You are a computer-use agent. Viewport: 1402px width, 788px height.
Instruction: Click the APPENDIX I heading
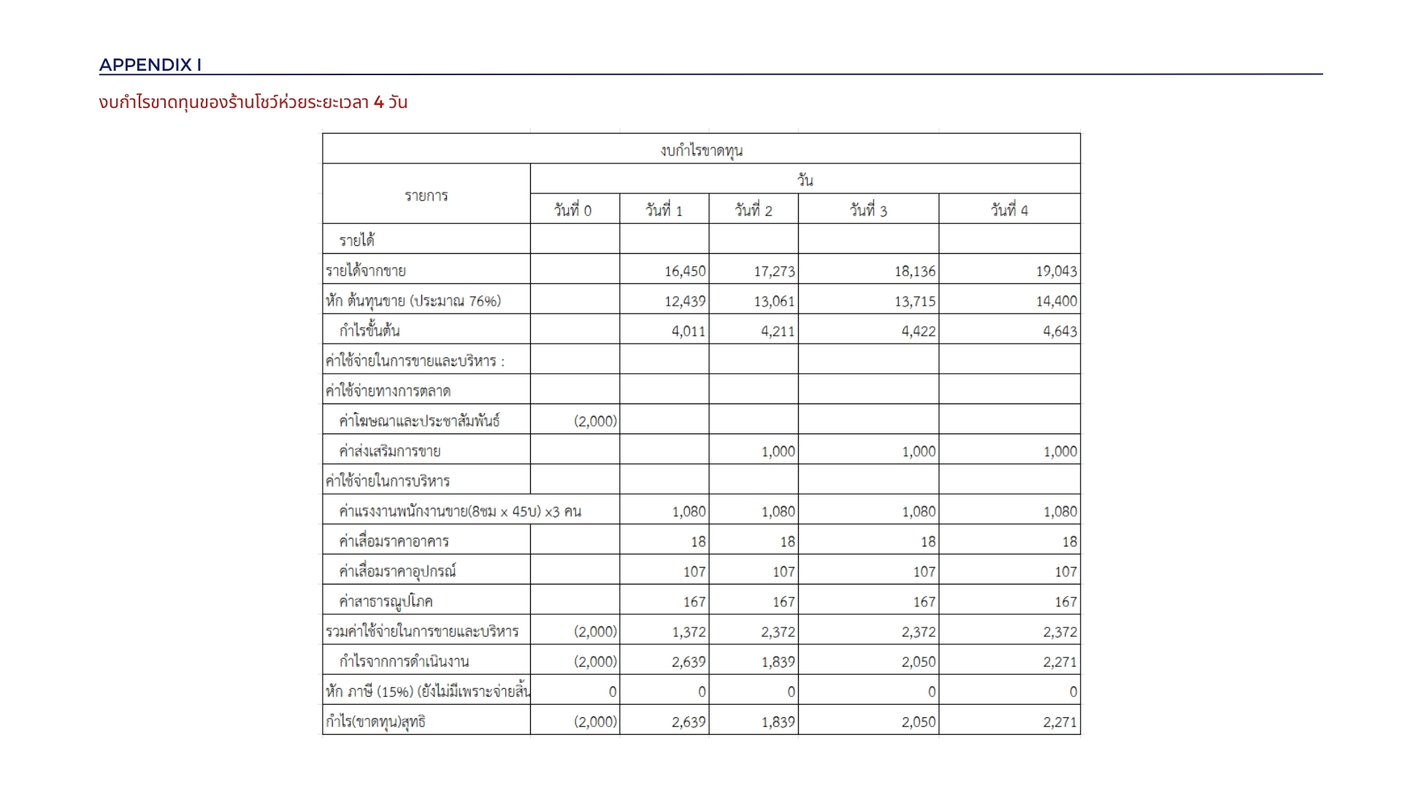pyautogui.click(x=150, y=65)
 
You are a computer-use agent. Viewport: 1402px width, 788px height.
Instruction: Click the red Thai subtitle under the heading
pyautogui.click(x=253, y=102)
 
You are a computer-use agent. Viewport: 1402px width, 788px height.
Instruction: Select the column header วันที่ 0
pyautogui.click(x=572, y=210)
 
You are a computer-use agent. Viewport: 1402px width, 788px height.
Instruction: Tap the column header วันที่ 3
pyautogui.click(x=867, y=210)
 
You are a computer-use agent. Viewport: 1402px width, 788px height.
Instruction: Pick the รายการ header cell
pyautogui.click(x=426, y=196)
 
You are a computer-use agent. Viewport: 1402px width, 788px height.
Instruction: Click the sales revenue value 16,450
pyautogui.click(x=685, y=271)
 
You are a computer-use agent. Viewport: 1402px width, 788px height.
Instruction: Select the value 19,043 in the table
pyautogui.click(x=1056, y=271)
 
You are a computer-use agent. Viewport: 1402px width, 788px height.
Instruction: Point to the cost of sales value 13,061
pyautogui.click(x=774, y=301)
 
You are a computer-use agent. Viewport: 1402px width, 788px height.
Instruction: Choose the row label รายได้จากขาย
pyautogui.click(x=366, y=271)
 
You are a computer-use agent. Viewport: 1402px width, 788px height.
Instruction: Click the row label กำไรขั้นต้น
pyautogui.click(x=369, y=331)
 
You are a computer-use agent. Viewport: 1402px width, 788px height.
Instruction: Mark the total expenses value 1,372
pyautogui.click(x=689, y=632)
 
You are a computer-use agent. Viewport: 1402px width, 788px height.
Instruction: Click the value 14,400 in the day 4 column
pyautogui.click(x=1056, y=301)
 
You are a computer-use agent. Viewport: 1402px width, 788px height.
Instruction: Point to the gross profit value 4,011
pyautogui.click(x=689, y=331)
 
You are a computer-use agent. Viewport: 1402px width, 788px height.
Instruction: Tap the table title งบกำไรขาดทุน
pyautogui.click(x=701, y=150)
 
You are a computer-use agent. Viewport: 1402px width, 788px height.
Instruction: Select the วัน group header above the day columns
pyautogui.click(x=805, y=179)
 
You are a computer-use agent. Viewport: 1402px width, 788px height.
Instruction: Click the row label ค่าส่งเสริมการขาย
pyautogui.click(x=390, y=451)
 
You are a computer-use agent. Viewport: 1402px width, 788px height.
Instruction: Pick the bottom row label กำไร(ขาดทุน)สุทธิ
pyautogui.click(x=375, y=722)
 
